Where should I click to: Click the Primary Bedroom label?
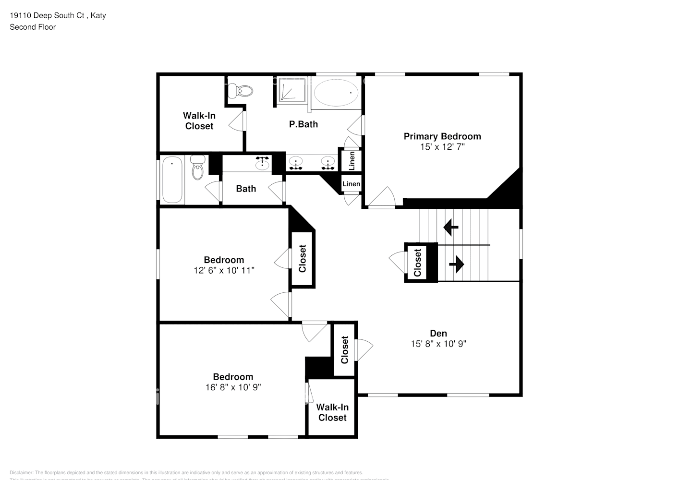[x=442, y=136]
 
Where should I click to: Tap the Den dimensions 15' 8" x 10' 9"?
[x=438, y=344]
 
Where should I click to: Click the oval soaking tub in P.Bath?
[x=336, y=92]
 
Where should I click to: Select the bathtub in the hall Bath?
[x=172, y=180]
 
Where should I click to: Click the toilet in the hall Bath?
[x=197, y=168]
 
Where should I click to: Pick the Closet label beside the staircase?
[x=417, y=263]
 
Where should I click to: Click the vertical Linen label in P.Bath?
[x=352, y=160]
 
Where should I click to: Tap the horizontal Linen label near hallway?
[x=351, y=184]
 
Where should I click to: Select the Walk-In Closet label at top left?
[x=199, y=121]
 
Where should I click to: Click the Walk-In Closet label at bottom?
[x=332, y=412]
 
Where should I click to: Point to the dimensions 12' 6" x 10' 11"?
[x=224, y=270]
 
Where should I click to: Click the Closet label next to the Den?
[x=344, y=349]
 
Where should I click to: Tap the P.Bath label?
[x=303, y=124]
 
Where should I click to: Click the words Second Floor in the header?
[x=33, y=27]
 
